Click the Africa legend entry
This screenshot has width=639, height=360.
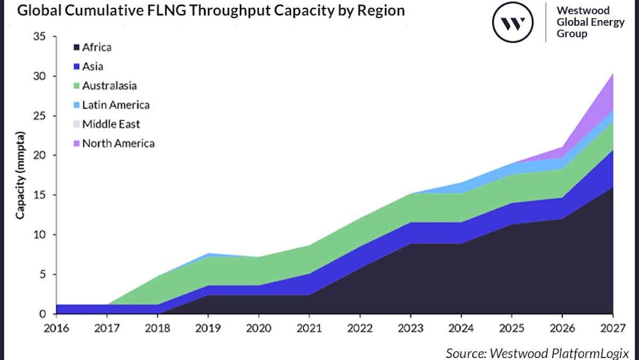(96, 47)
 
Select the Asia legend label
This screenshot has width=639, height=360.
(93, 67)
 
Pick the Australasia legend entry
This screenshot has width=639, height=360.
(109, 85)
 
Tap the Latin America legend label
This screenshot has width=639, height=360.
(116, 105)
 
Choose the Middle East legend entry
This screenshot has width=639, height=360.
(111, 124)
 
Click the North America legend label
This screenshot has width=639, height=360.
(118, 143)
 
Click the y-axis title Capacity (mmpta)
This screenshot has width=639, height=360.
(20, 176)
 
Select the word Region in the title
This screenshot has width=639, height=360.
(384, 10)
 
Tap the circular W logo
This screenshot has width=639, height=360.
(512, 22)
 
